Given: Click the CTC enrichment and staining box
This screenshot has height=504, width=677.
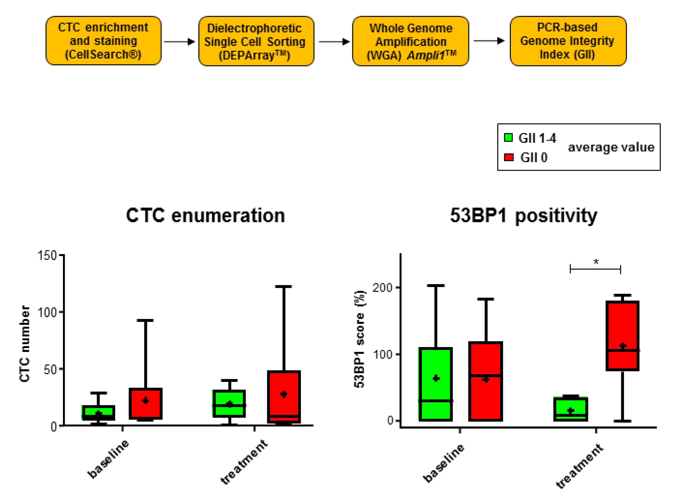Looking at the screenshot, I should pos(103,41).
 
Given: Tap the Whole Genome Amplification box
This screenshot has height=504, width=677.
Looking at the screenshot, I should pos(410,41).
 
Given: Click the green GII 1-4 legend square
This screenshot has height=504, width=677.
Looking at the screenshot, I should pos(508,138).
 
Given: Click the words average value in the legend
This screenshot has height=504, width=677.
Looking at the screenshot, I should pos(611,147).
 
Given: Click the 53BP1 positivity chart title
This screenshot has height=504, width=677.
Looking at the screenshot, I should pos(523,215).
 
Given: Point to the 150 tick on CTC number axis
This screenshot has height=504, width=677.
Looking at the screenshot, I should pos(47,255).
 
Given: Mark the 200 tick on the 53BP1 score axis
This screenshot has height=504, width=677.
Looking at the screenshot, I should pos(382,287).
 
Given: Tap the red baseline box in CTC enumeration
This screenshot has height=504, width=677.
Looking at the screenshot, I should pos(145,403).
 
